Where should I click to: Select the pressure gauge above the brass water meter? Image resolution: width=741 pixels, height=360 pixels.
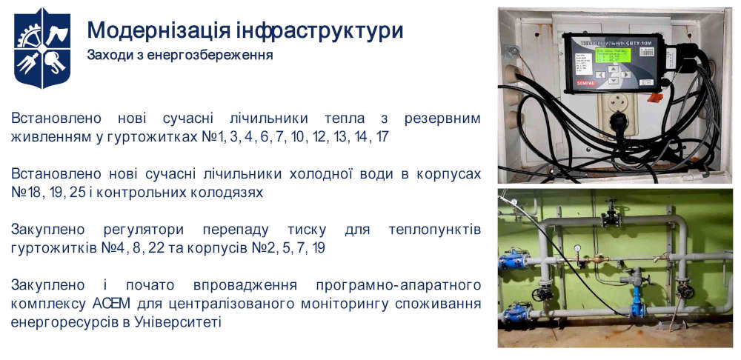tap(576, 250)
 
